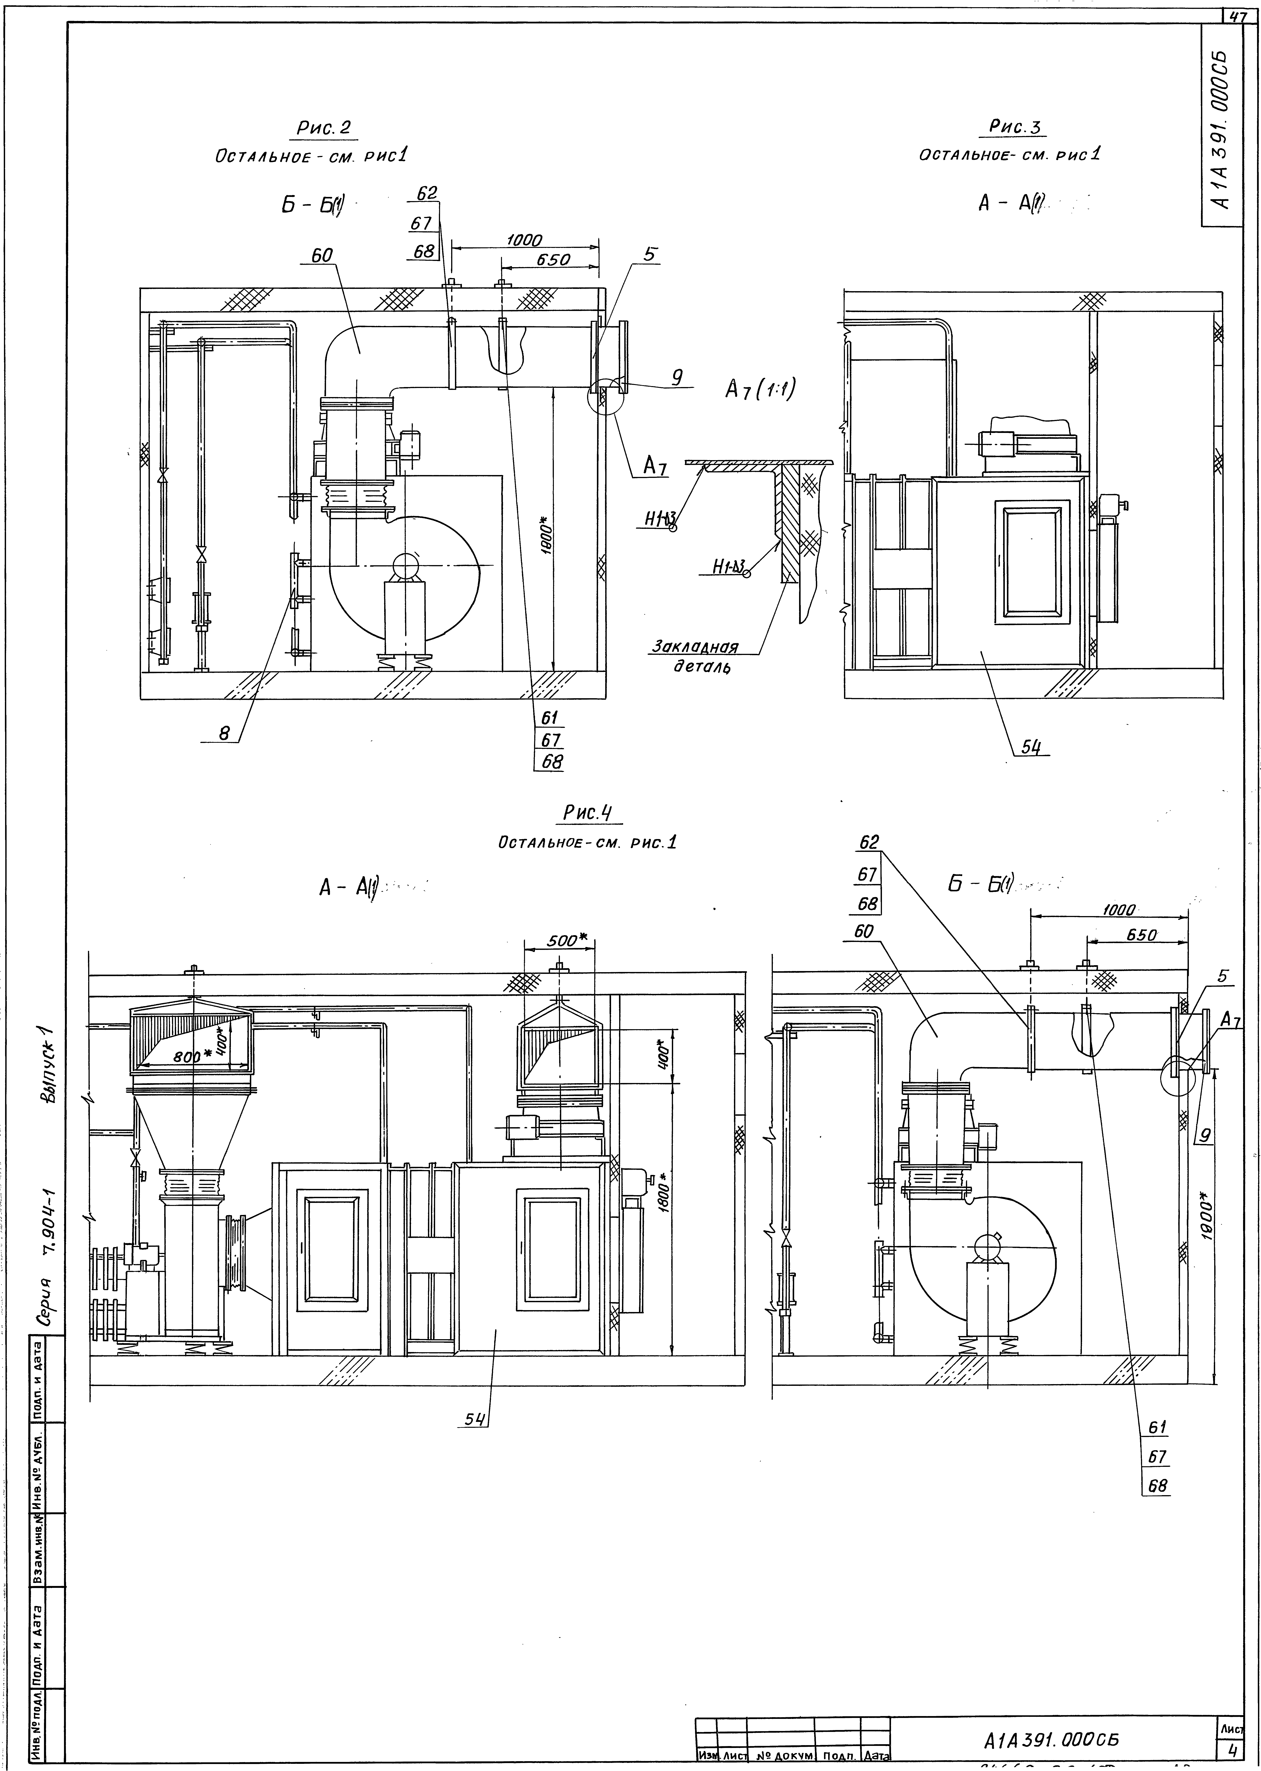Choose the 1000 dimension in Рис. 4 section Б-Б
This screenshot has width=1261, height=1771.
coord(1118,910)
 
